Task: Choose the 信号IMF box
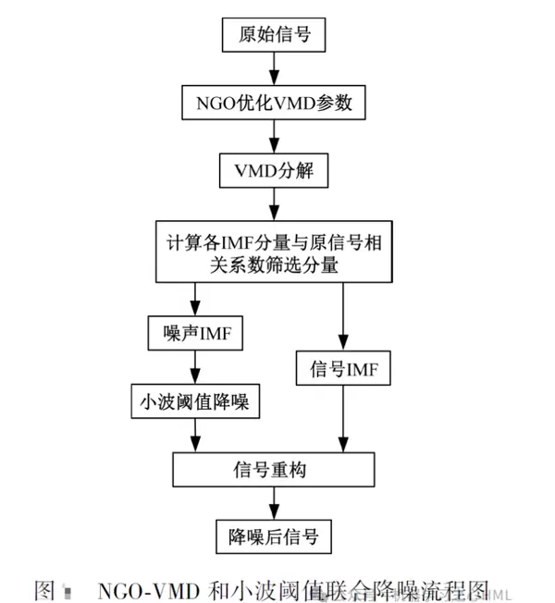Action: point(343,369)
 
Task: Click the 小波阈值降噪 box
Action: point(194,402)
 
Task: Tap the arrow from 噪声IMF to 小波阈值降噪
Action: point(195,368)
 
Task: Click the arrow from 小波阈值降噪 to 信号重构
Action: point(195,436)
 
